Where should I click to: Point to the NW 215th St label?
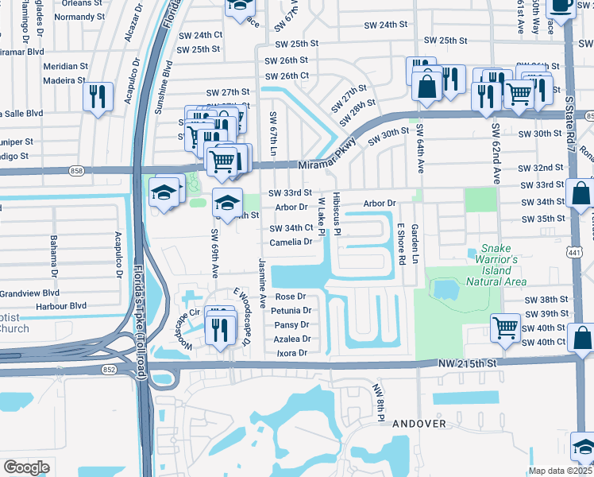tap(467, 363)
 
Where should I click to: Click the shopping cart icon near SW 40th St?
tap(505, 326)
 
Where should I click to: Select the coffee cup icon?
tap(561, 5)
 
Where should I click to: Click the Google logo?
tap(26, 467)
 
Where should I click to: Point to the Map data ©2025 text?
tap(561, 471)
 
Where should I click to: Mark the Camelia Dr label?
tap(290, 242)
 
